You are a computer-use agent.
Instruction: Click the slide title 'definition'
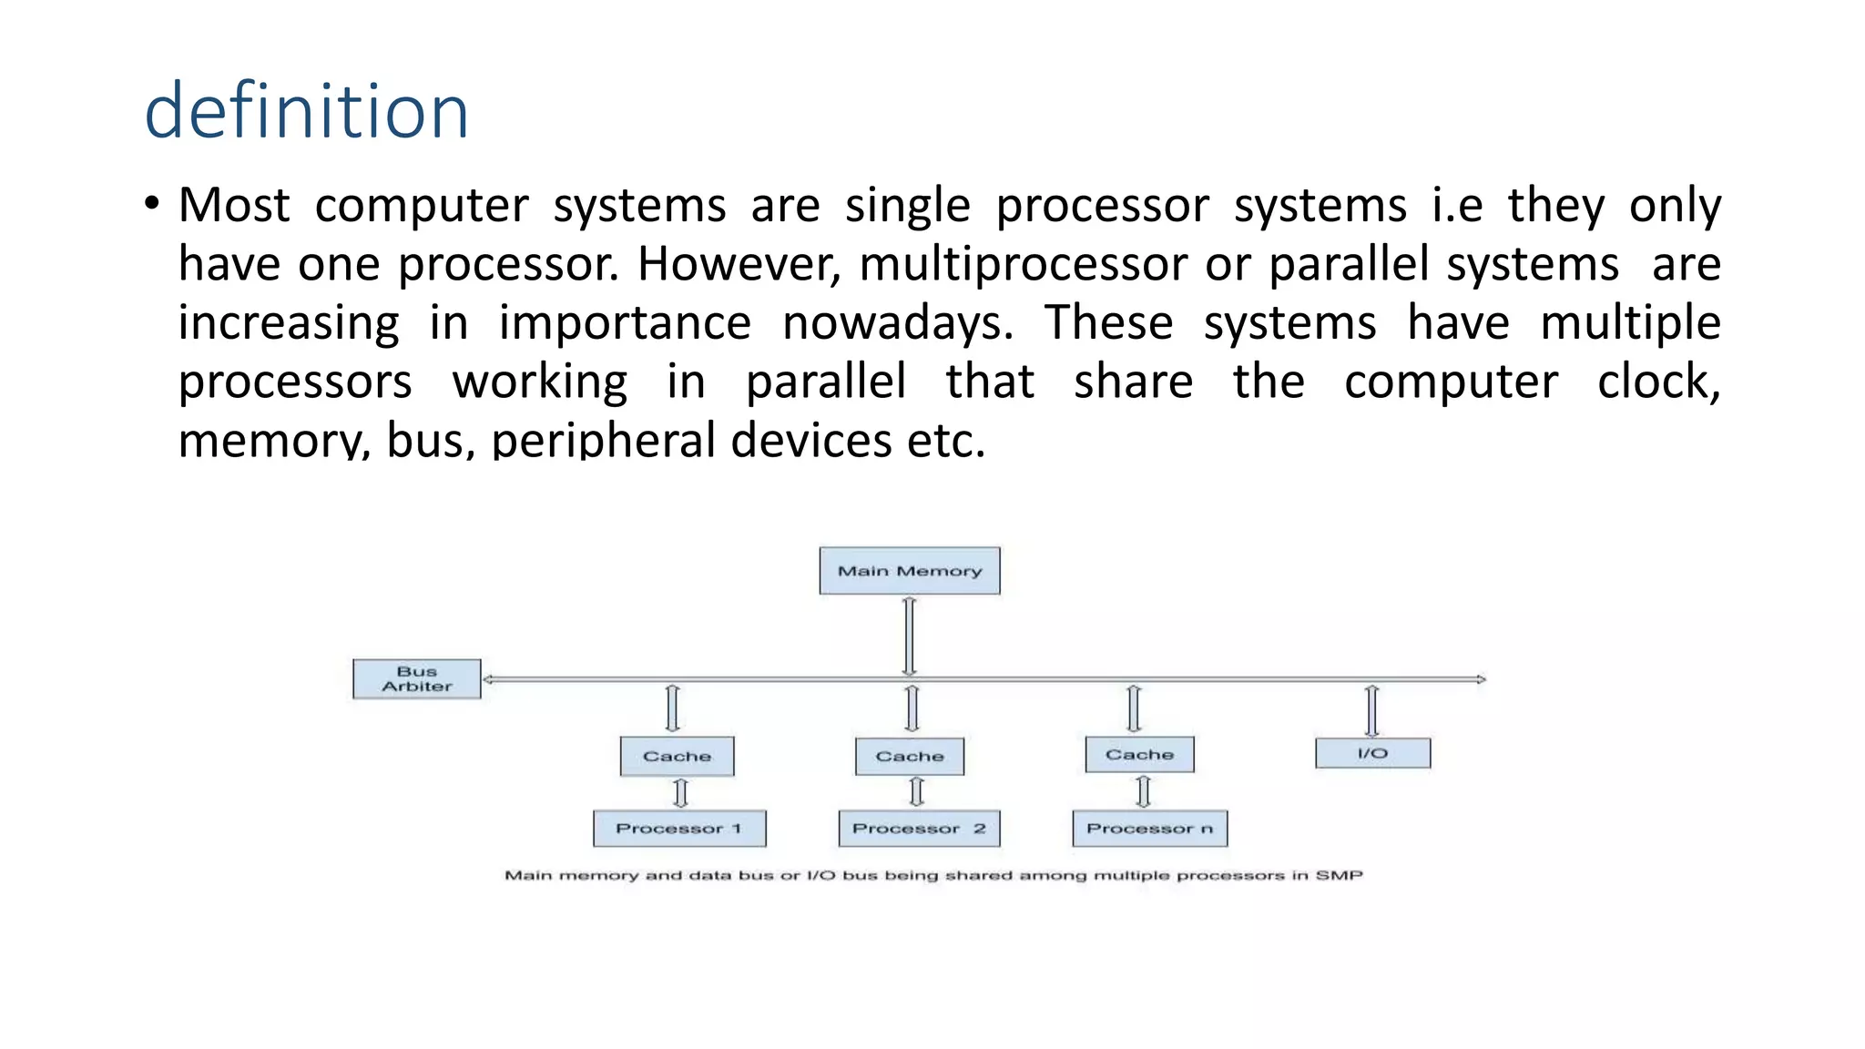306,111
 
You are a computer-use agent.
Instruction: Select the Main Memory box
909,571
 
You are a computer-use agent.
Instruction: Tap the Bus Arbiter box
416,679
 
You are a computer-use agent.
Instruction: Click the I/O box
1372,753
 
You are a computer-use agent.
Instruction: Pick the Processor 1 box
679,829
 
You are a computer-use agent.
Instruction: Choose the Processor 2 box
919,829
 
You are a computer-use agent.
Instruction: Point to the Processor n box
1149,829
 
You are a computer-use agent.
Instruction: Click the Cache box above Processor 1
677,757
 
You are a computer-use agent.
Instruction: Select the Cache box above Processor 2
909,757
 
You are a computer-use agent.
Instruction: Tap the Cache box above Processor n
1139,755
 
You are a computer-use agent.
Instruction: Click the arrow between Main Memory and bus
909,636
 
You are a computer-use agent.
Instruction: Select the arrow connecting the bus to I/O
1371,710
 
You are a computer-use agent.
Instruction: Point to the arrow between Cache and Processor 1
680,793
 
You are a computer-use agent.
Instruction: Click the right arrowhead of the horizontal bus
1481,679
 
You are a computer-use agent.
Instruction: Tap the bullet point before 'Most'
151,204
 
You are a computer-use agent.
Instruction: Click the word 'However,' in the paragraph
739,264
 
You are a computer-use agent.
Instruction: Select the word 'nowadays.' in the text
898,323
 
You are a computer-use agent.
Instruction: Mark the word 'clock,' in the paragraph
1658,382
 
